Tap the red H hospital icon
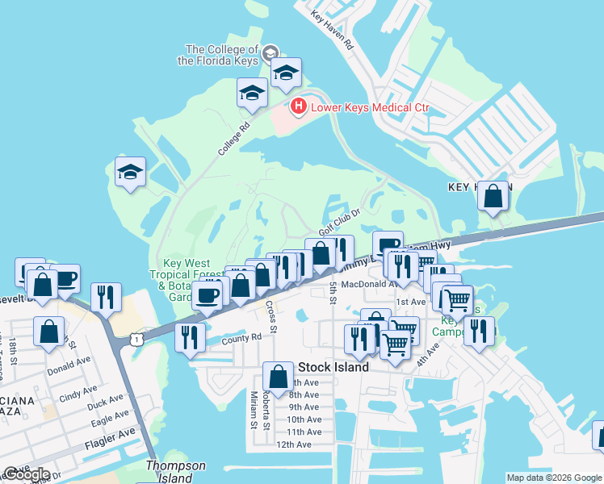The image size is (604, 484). pos(298,106)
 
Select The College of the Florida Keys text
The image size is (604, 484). pos(222,55)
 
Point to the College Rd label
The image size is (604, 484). pos(234,138)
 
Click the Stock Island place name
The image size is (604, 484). pos(333,367)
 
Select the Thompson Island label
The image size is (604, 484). pos(175,471)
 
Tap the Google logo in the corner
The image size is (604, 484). pos(26,474)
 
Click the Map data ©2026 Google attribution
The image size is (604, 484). pos(553,478)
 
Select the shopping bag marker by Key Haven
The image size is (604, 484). pos(493,195)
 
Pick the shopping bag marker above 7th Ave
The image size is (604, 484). pos(278,377)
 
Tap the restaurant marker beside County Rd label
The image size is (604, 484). pos(190,336)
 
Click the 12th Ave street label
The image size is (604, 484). pos(293,444)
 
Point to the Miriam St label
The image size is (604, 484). pos(254,410)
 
